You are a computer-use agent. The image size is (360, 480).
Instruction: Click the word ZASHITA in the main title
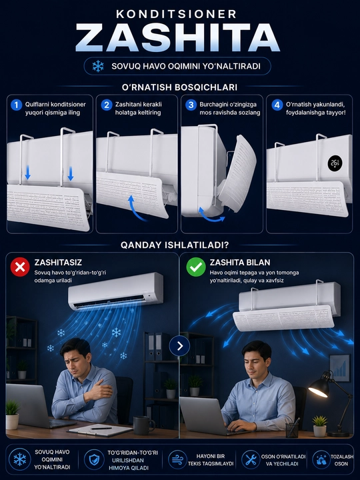pyautogui.click(x=177, y=37)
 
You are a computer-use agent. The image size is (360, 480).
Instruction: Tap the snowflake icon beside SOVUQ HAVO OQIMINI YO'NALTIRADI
pyautogui.click(x=98, y=66)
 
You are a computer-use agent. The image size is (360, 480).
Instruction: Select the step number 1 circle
pyautogui.click(x=16, y=105)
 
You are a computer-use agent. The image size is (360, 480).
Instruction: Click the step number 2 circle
pyautogui.click(x=107, y=105)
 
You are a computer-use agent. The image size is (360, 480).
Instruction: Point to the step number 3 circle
pyautogui.click(x=191, y=105)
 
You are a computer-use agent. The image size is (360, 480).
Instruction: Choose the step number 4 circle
pyautogui.click(x=277, y=105)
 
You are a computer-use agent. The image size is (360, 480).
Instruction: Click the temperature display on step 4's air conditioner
pyautogui.click(x=335, y=163)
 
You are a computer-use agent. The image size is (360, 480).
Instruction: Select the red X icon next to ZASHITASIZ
pyautogui.click(x=20, y=267)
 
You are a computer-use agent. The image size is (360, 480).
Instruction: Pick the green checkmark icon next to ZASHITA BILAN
pyautogui.click(x=196, y=267)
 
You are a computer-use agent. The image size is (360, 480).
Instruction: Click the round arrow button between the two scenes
pyautogui.click(x=180, y=346)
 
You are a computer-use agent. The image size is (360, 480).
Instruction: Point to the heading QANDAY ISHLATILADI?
pyautogui.click(x=175, y=245)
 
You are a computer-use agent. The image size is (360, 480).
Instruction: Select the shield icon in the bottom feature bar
pyautogui.click(x=94, y=460)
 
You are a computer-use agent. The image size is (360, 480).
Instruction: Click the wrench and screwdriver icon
pyautogui.click(x=251, y=460)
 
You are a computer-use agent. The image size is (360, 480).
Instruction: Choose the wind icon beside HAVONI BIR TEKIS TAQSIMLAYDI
pyautogui.click(x=178, y=460)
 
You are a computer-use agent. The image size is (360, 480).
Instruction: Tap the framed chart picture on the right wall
pyautogui.click(x=339, y=368)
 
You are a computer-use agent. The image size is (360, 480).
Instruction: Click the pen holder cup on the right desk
pyautogui.click(x=292, y=429)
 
